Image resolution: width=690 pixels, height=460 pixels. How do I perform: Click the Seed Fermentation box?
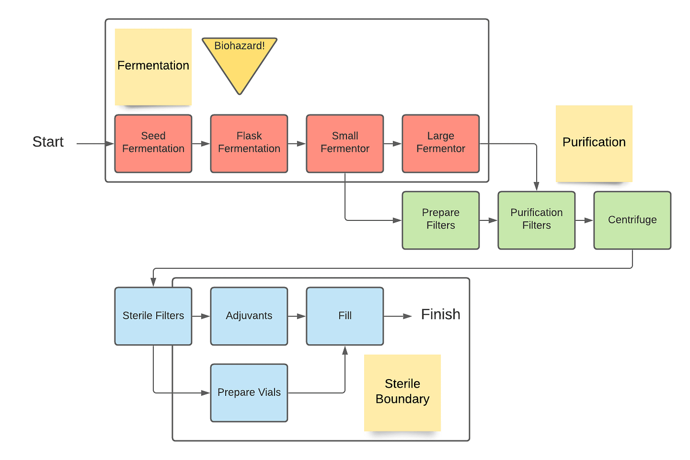tap(153, 143)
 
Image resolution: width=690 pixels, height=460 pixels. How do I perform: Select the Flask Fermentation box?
tap(249, 143)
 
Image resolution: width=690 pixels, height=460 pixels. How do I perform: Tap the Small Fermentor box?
tap(345, 143)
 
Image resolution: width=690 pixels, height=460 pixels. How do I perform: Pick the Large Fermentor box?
tap(441, 143)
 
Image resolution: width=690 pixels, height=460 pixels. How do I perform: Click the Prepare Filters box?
tap(441, 220)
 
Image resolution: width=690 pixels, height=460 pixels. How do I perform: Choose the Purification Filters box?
tap(536, 220)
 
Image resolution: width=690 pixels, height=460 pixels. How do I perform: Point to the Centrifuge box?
tap(632, 220)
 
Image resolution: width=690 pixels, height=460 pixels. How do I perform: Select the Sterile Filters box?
tap(153, 316)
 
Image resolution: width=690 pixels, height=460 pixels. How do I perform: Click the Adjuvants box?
tap(249, 316)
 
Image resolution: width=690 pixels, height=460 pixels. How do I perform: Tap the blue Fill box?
tap(345, 316)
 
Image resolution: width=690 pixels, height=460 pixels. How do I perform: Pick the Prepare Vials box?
tap(249, 392)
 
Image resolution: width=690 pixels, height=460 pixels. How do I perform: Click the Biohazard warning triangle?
tap(240, 59)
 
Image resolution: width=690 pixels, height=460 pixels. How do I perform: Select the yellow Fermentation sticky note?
tap(153, 67)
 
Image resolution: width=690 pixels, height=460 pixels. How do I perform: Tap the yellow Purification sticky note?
tap(594, 143)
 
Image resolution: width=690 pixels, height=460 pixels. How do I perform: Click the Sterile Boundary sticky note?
tap(402, 392)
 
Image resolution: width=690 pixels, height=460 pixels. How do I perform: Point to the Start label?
tap(48, 142)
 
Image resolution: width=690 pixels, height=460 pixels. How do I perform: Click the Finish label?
tap(441, 315)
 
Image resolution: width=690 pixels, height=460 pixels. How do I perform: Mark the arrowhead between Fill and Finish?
tap(408, 316)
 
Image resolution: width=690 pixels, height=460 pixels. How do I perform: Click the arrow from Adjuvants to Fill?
tap(297, 316)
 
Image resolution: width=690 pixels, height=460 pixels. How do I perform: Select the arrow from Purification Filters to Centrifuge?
tap(585, 220)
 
